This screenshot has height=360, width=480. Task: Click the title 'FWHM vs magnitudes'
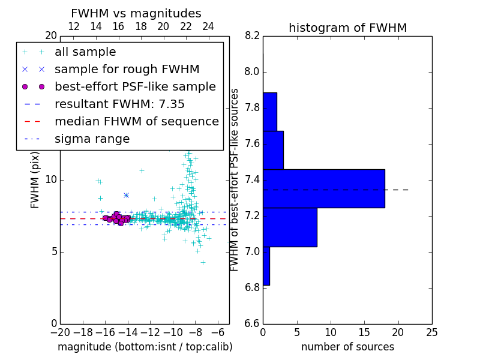[136, 13]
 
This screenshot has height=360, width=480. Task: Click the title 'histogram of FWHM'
[347, 28]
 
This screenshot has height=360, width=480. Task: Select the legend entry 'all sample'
[85, 52]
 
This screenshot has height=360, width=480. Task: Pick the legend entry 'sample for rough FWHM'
[127, 70]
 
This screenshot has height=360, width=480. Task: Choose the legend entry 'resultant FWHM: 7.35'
[119, 104]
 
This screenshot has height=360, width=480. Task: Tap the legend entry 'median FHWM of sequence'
[136, 122]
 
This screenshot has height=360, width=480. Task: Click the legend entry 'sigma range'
[92, 139]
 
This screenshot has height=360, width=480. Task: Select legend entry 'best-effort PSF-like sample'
[135, 87]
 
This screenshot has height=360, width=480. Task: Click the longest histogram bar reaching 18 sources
[323, 188]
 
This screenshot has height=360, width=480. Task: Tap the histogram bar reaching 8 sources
[290, 227]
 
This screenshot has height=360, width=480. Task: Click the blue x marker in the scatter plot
[126, 195]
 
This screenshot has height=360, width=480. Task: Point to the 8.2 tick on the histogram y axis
[252, 35]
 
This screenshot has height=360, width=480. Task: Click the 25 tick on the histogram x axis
[431, 332]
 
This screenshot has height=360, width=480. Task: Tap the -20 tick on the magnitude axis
[60, 332]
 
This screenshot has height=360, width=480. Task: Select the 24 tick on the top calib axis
[208, 26]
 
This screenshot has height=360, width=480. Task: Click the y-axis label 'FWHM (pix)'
[35, 179]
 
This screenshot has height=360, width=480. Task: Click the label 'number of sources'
[347, 347]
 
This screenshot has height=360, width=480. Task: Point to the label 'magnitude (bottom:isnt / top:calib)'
[145, 347]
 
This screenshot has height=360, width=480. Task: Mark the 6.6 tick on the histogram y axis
[252, 323]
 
